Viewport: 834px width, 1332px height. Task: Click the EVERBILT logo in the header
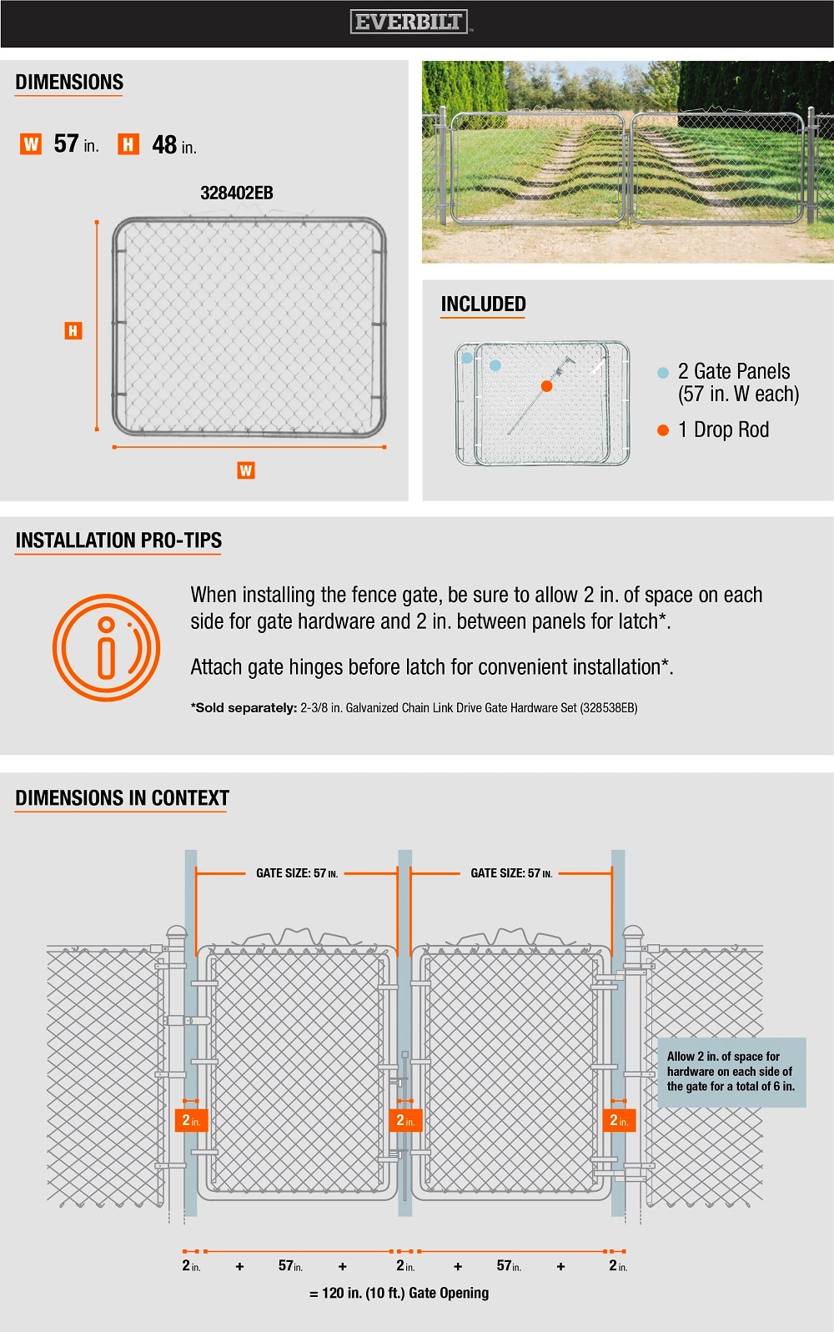tap(409, 23)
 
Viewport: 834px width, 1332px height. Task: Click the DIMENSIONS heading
tap(69, 83)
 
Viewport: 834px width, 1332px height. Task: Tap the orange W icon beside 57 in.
tap(31, 144)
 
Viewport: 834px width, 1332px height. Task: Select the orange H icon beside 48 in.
tap(128, 144)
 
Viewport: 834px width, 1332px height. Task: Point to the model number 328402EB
tap(237, 194)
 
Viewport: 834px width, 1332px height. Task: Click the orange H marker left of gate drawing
tap(73, 331)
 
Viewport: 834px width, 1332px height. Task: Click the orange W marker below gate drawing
tap(245, 470)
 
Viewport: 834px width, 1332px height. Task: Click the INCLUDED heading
tap(483, 304)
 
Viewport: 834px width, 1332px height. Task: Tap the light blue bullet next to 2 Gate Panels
tap(663, 373)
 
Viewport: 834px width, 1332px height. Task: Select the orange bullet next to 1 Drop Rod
tap(663, 430)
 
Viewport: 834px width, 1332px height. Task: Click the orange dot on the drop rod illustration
tap(546, 386)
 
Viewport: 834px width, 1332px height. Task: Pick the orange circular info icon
tap(106, 647)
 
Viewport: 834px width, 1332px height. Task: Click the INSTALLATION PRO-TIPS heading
tap(118, 540)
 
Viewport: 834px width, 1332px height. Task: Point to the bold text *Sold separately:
tap(244, 708)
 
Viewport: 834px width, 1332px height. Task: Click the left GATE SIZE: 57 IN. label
tap(296, 873)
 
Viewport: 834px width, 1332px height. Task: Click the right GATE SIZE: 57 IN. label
tap(510, 873)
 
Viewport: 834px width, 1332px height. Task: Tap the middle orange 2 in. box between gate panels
tap(405, 1120)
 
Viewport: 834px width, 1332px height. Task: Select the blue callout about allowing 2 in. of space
tap(731, 1072)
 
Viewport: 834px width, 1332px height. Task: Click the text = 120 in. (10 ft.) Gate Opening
tap(399, 1293)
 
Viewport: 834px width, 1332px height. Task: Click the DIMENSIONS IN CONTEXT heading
tap(122, 798)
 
